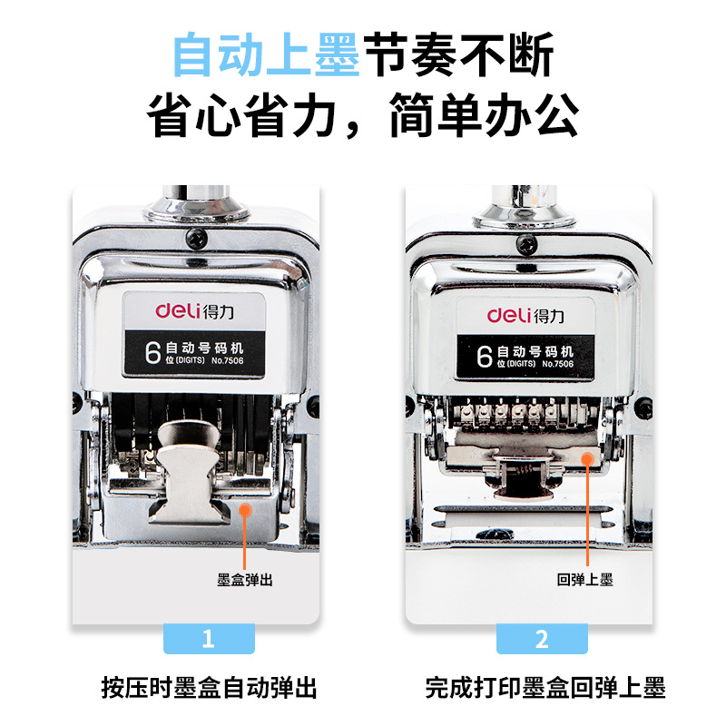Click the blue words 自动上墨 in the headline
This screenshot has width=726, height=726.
point(267,55)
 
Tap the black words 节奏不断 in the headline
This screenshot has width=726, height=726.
point(457,55)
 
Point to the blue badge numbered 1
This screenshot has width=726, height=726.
point(208,639)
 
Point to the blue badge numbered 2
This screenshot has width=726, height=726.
point(542,639)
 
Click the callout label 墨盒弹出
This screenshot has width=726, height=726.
point(245,579)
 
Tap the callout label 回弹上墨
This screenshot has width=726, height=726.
point(585,579)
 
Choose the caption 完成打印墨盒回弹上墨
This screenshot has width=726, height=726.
point(545,688)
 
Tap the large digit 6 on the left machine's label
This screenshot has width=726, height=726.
point(154,352)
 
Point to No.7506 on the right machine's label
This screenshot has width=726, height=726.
point(557,364)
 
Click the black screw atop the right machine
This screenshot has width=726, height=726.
point(527,242)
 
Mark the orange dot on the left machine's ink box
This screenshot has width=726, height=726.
point(245,509)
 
